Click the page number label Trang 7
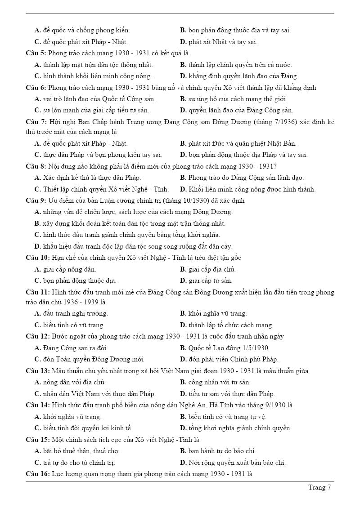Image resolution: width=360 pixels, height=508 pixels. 319,487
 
